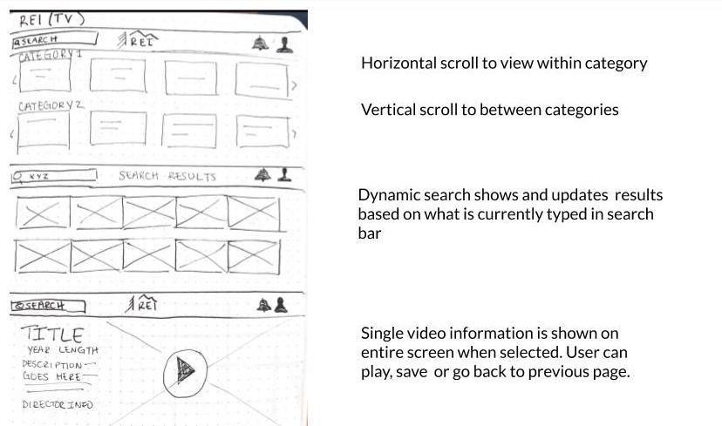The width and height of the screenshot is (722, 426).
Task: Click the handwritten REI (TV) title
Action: click(52, 19)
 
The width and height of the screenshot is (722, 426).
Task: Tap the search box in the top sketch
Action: click(54, 39)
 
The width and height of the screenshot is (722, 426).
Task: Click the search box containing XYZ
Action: click(54, 176)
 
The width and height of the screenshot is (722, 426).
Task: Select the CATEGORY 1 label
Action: click(51, 55)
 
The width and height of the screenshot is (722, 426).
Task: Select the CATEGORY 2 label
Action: click(51, 105)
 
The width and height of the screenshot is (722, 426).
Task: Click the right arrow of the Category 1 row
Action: click(294, 85)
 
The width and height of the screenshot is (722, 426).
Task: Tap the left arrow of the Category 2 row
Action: click(12, 134)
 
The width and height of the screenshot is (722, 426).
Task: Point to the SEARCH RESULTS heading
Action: click(167, 176)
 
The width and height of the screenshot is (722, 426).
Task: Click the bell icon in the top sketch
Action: click(260, 43)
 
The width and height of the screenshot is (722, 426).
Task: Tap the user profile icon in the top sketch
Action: click(284, 44)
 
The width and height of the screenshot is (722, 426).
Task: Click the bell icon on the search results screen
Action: click(262, 174)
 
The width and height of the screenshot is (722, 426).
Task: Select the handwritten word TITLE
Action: click(52, 334)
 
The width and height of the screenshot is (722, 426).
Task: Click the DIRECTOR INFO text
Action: click(58, 404)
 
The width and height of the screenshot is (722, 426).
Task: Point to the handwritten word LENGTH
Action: click(78, 350)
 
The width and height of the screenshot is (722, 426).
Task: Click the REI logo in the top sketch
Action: click(138, 39)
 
